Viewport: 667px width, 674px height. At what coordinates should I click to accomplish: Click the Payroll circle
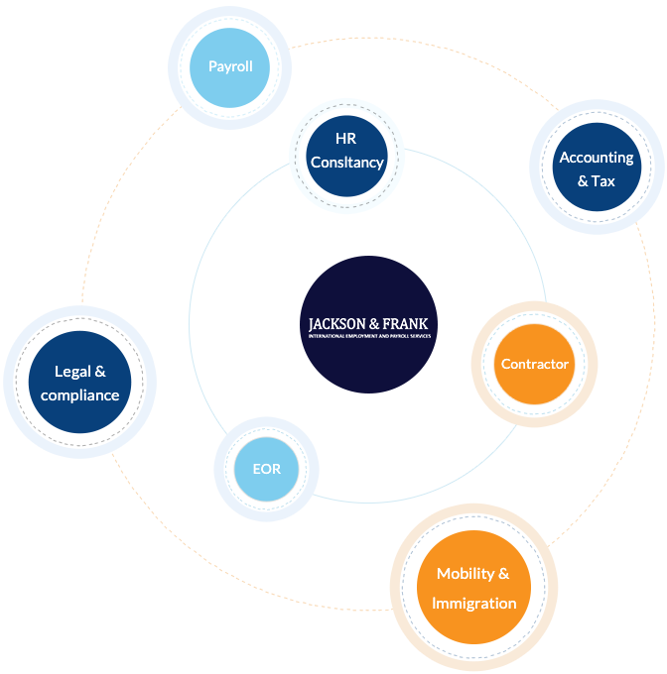point(230,67)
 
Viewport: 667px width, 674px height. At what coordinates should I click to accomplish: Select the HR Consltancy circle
point(345,152)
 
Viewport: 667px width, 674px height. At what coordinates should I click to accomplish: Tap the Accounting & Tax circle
point(597,168)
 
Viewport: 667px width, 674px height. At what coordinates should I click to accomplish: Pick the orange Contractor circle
point(534,364)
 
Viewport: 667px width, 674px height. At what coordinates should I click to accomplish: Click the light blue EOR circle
point(266,468)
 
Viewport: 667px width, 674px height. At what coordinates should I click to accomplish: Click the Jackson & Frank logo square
point(368,324)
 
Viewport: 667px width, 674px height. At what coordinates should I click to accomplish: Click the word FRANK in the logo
point(407,323)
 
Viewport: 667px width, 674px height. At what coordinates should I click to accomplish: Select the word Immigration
point(475,603)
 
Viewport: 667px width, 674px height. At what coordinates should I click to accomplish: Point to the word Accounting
point(597,158)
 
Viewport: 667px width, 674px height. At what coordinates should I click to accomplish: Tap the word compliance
point(80,395)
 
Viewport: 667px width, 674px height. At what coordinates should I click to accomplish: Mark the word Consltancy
point(345,163)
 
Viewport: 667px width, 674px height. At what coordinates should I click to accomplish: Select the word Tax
point(603,181)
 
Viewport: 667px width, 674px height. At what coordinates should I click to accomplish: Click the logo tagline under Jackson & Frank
point(368,337)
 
